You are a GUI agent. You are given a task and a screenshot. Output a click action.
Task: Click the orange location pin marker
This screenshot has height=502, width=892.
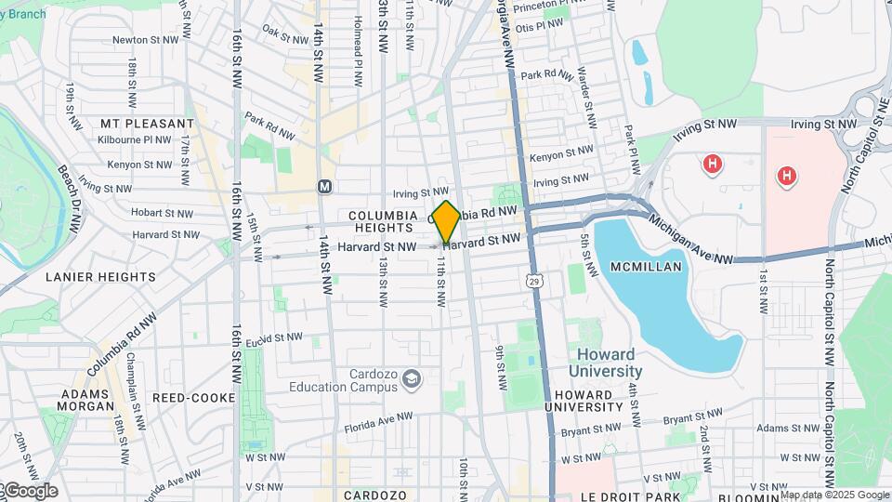pyautogui.click(x=446, y=221)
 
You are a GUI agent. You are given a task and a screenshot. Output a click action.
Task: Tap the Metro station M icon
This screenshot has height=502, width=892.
pyautogui.click(x=325, y=186)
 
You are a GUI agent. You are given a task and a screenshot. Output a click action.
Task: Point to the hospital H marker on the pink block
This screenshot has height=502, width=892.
pyautogui.click(x=786, y=176)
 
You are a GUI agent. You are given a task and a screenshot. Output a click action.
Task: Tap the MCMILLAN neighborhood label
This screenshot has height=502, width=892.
pyautogui.click(x=647, y=267)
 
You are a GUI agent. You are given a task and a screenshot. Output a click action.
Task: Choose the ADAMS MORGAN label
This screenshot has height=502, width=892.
pyautogui.click(x=85, y=401)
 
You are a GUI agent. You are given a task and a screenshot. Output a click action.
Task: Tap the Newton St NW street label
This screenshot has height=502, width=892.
pyautogui.click(x=145, y=40)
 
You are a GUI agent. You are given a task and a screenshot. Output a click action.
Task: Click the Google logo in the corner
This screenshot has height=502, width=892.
pyautogui.click(x=30, y=490)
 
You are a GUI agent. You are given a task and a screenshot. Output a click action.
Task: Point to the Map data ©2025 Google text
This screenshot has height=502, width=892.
pyautogui.click(x=833, y=495)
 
